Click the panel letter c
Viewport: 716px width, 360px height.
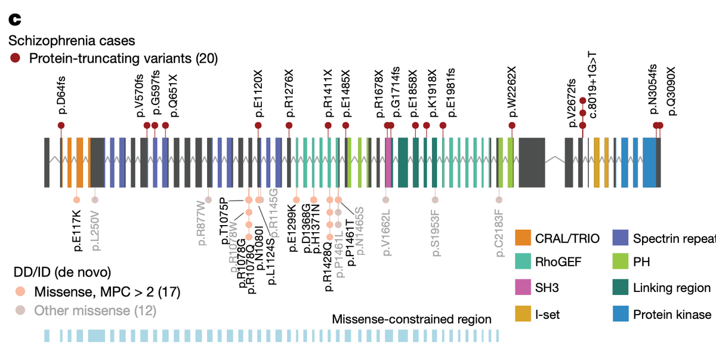click(14, 20)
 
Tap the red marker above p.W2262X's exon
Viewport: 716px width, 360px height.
click(512, 125)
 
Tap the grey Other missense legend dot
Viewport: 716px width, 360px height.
click(20, 310)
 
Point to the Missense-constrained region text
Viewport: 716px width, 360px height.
click(412, 319)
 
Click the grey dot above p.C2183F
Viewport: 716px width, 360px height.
click(499, 200)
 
